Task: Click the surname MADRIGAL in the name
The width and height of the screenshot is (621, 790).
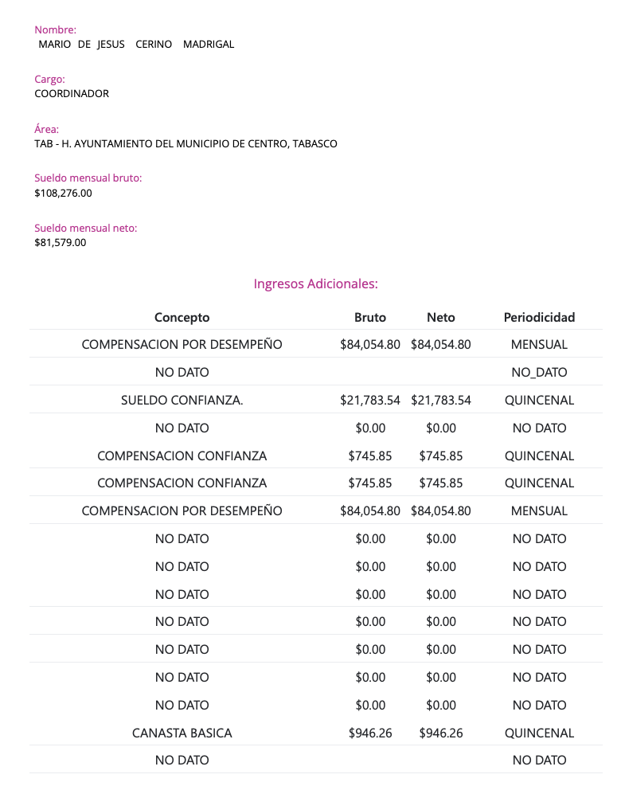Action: pos(209,45)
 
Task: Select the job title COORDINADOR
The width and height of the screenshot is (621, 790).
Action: pos(72,94)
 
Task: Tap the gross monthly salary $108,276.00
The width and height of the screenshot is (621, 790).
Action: pos(63,193)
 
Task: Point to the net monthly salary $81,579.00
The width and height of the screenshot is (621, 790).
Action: pos(60,242)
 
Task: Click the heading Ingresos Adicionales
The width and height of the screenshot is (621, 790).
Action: pos(315,284)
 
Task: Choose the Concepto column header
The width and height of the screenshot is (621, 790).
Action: pos(182,317)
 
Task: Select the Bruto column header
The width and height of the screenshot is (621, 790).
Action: pos(370,317)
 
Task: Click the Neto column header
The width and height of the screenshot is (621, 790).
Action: pos(441,317)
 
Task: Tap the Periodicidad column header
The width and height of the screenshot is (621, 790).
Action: pos(539,317)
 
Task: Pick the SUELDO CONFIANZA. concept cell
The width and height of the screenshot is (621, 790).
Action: pos(182,401)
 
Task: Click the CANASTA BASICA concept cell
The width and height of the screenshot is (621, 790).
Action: pos(182,733)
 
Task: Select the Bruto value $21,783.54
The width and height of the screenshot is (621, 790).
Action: pos(370,401)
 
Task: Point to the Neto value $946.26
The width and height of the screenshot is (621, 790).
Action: pos(441,733)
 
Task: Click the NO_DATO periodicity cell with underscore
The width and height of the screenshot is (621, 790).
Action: pos(539,373)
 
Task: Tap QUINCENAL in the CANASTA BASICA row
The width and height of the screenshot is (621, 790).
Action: pos(539,733)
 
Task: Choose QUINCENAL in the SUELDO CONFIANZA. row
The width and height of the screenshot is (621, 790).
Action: pos(539,401)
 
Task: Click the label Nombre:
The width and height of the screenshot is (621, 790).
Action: pos(55,30)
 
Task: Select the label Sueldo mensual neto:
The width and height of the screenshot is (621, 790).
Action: pos(86,229)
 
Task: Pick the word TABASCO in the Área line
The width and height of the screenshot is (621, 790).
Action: pos(314,144)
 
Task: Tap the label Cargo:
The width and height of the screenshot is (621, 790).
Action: pos(49,80)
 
